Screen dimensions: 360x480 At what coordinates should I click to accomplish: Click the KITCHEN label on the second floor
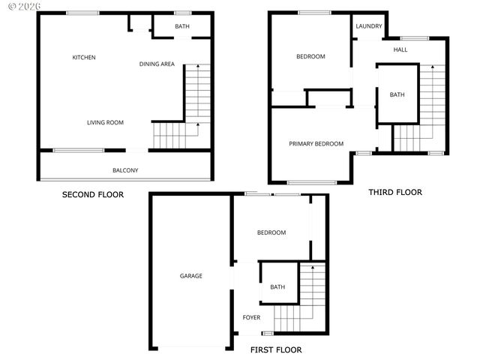tap(83, 58)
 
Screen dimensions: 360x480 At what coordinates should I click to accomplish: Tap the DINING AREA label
tap(157, 64)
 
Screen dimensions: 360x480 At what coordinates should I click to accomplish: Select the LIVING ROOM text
tap(105, 122)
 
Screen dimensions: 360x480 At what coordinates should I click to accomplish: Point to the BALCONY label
tap(125, 170)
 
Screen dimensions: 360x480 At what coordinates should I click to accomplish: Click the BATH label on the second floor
tap(182, 27)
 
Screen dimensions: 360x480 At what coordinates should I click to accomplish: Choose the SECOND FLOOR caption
tap(92, 194)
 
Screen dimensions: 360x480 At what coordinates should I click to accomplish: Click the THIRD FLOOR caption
tap(394, 192)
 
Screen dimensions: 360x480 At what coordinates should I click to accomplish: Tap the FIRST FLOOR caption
tap(276, 349)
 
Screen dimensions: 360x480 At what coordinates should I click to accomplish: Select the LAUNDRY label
tap(369, 27)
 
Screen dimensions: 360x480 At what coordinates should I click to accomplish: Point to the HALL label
tap(400, 50)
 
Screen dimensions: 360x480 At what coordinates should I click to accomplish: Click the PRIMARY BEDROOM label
tap(316, 144)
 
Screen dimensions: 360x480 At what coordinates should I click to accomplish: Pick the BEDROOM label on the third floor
tap(310, 57)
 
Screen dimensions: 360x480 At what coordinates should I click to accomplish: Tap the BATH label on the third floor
tap(397, 94)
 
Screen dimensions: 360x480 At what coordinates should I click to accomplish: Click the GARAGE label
tap(190, 276)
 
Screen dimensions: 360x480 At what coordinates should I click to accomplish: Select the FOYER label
tap(251, 317)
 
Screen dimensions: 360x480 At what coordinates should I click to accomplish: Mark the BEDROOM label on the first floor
tap(271, 232)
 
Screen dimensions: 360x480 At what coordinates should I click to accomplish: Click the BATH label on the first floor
tap(277, 287)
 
